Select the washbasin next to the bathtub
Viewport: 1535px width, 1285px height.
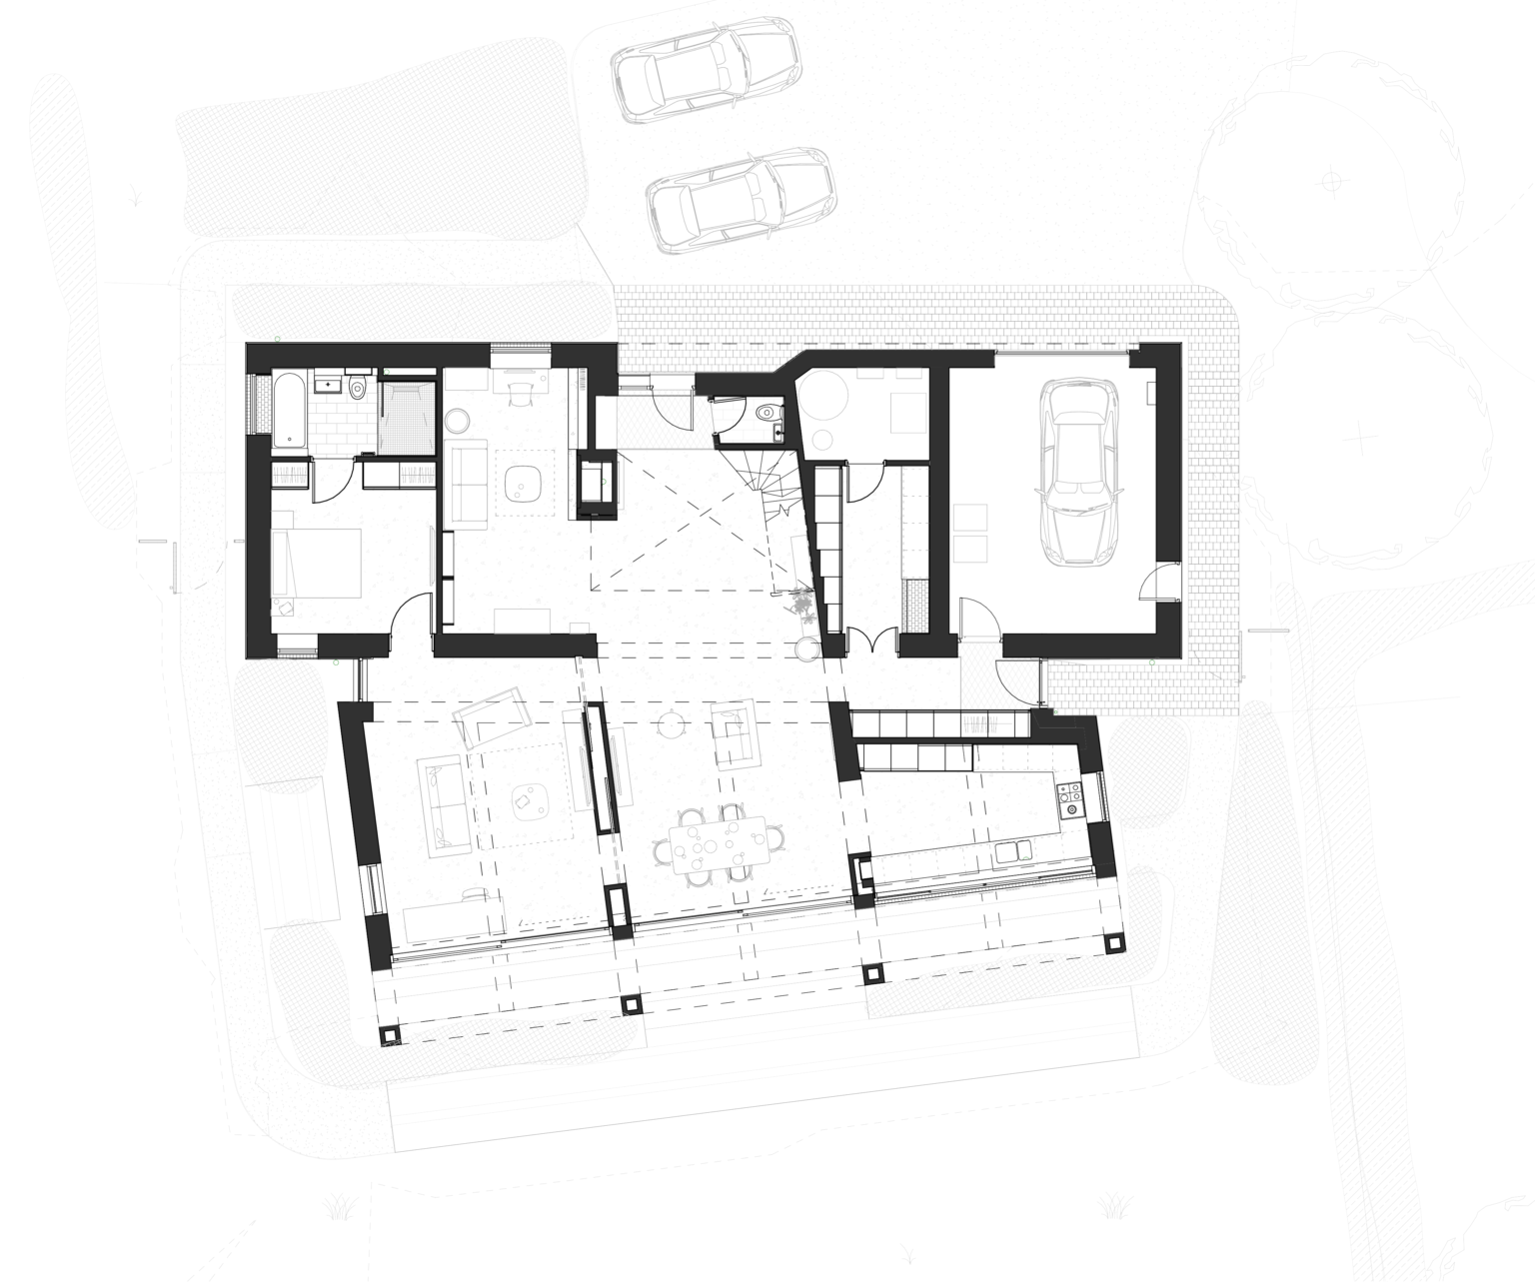(x=327, y=383)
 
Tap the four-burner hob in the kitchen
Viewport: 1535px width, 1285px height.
(x=1070, y=796)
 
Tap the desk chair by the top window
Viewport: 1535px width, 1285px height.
(x=520, y=393)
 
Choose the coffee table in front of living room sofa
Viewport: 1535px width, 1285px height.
(x=524, y=799)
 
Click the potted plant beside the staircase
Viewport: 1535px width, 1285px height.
(x=799, y=603)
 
